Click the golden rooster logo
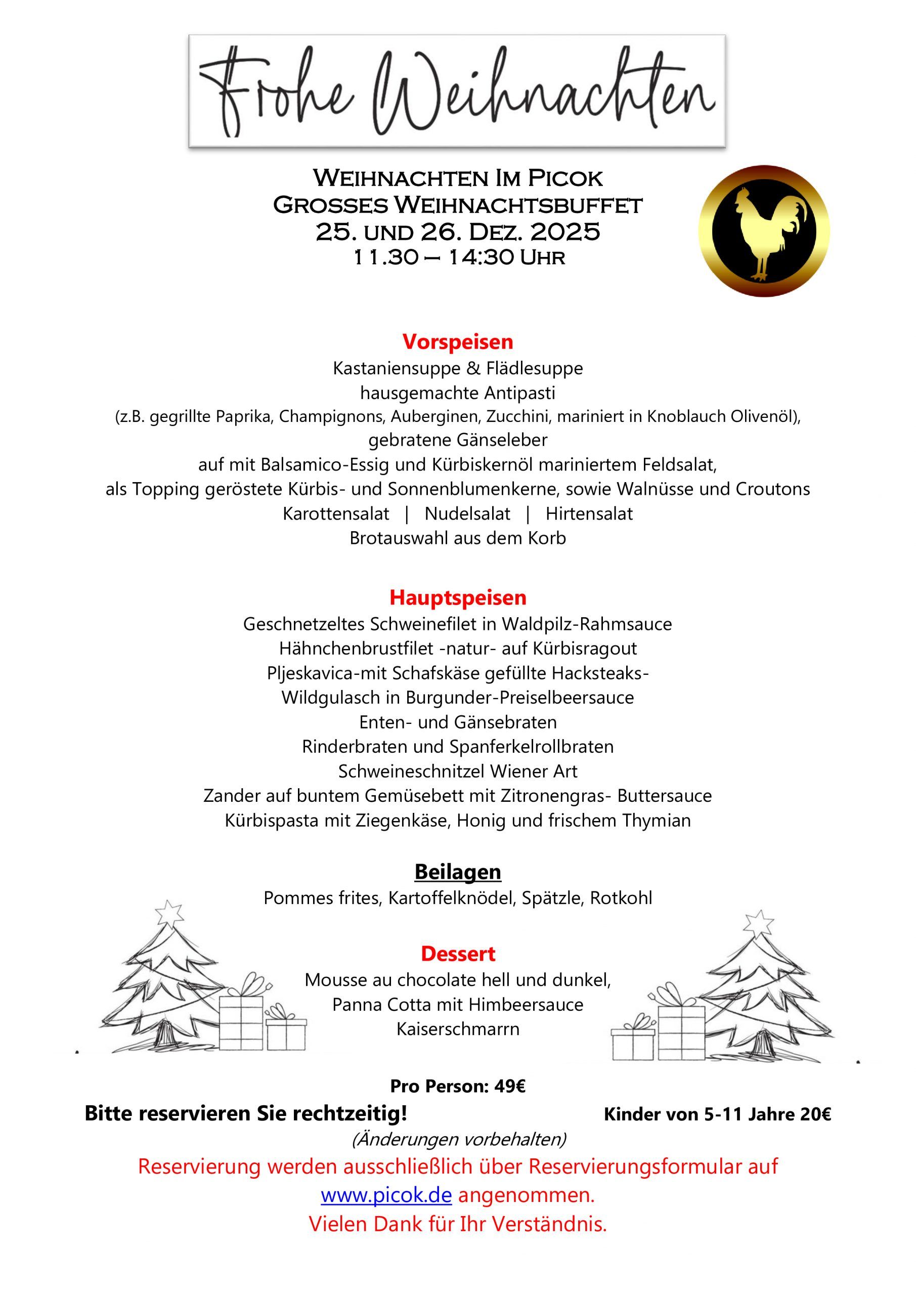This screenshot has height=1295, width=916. (764, 231)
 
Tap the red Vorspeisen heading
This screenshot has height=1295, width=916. (457, 342)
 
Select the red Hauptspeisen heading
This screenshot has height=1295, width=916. (457, 597)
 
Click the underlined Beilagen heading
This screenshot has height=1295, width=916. (457, 872)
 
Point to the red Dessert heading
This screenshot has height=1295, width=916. (457, 954)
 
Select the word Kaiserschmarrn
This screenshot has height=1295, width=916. (457, 1029)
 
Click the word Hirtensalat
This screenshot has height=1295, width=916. (589, 514)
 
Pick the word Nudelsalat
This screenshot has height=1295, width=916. (467, 514)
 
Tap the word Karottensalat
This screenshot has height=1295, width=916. (336, 514)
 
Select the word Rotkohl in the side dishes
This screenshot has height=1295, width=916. (621, 898)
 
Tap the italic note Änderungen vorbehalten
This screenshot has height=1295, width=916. (457, 1140)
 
